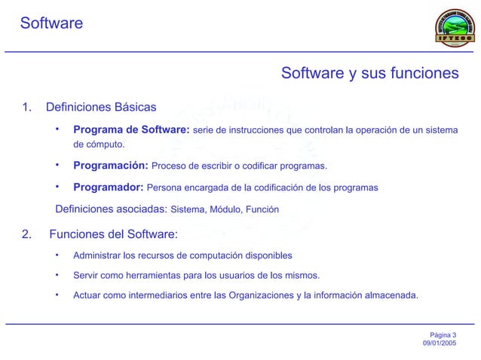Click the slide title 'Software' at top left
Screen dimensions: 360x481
pyautogui.click(x=51, y=23)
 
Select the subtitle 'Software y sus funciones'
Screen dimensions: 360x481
pyautogui.click(x=369, y=74)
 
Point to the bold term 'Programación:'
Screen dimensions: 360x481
pyautogui.click(x=110, y=166)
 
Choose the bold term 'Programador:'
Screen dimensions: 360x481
pyautogui.click(x=108, y=188)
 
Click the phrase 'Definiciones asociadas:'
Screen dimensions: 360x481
pyautogui.click(x=112, y=209)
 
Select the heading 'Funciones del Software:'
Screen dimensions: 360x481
pyautogui.click(x=112, y=233)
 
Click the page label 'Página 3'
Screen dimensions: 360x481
pyautogui.click(x=443, y=334)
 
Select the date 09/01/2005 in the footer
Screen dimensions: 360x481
pyautogui.click(x=439, y=343)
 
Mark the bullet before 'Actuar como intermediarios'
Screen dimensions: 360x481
pyautogui.click(x=57, y=294)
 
